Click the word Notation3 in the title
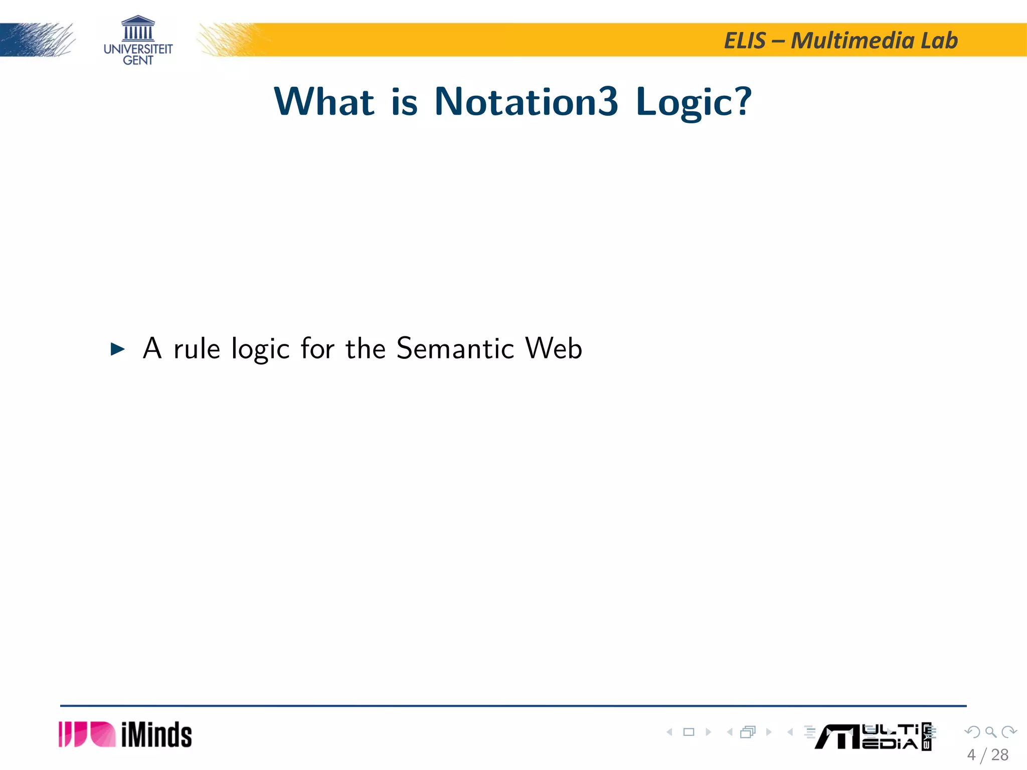tap(526, 102)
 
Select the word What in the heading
tap(324, 102)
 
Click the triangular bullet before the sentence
tap(117, 349)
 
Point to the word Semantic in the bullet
tap(455, 348)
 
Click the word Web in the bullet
tap(554, 348)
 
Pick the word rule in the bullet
tap(197, 348)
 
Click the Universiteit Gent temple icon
tap(138, 29)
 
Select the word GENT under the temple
tap(138, 61)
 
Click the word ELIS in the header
tap(745, 41)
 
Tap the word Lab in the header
tap(939, 41)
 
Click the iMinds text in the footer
tap(156, 735)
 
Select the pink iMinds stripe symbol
tap(87, 734)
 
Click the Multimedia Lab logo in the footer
tap(873, 736)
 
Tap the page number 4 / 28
tap(987, 755)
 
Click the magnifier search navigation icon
tap(990, 732)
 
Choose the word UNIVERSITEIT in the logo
tap(138, 49)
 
